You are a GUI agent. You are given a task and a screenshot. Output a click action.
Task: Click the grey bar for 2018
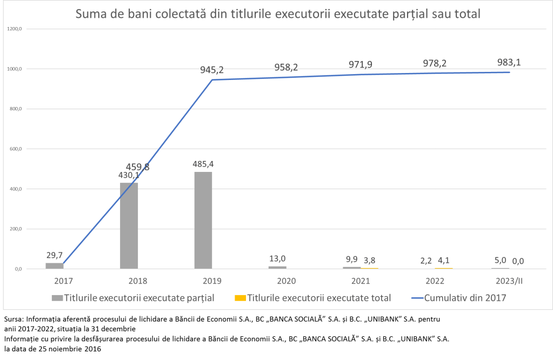(129, 225)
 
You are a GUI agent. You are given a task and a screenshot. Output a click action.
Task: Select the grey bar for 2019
(203, 220)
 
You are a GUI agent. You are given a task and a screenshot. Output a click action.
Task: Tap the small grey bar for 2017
(54, 265)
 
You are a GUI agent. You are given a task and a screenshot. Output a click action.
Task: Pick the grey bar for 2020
(277, 267)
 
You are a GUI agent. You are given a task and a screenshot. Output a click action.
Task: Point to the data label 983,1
(510, 62)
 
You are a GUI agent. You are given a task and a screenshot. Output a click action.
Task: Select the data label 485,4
(204, 163)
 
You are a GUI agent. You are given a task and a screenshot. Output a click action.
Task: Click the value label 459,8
(138, 167)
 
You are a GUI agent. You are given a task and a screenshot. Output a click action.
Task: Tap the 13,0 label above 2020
(277, 258)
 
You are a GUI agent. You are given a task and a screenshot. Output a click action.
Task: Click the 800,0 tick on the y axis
(15, 109)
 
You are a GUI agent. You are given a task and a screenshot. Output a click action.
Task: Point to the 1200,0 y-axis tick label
(14, 29)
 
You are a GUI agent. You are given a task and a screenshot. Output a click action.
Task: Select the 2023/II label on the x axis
(509, 281)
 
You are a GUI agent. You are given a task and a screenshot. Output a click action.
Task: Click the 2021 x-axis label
(361, 281)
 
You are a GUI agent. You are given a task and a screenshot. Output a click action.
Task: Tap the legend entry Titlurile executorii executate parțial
(139, 298)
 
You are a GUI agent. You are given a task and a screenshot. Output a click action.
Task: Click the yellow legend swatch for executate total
(239, 298)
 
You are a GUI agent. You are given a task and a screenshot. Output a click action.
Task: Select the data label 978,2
(435, 63)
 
